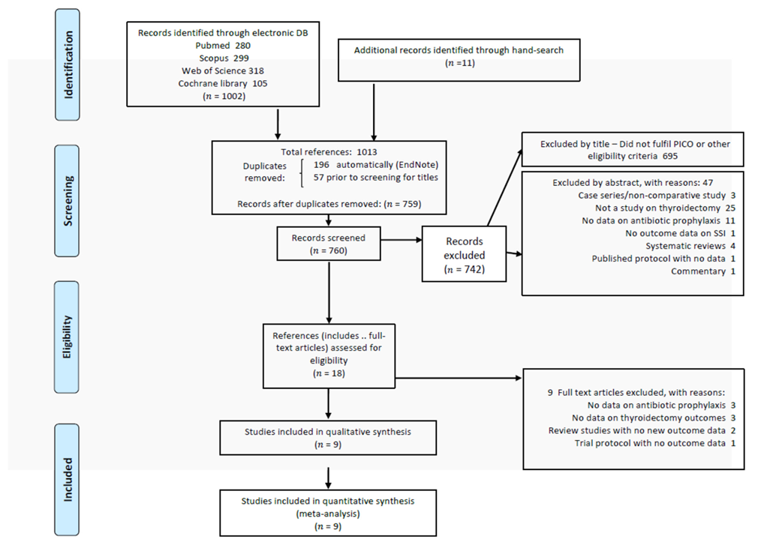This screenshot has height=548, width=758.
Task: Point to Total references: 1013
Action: pyautogui.click(x=329, y=152)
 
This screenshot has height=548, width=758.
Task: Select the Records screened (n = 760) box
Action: pyautogui.click(x=329, y=244)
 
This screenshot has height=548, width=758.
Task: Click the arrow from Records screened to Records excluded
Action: pyautogui.click(x=402, y=240)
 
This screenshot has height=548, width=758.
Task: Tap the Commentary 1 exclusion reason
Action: pyautogui.click(x=702, y=271)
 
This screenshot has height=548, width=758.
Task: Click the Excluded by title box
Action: pyautogui.click(x=635, y=149)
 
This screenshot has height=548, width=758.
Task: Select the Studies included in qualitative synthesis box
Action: pyautogui.click(x=328, y=438)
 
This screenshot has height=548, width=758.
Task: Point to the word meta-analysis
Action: pyautogui.click(x=328, y=514)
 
